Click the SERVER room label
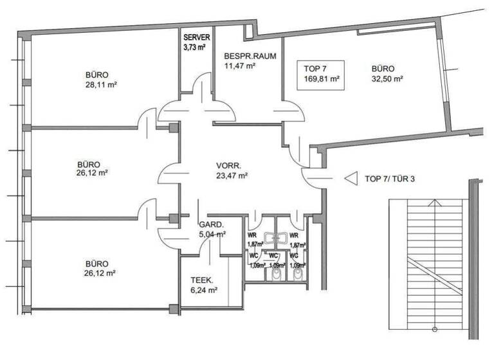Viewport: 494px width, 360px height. (196, 37)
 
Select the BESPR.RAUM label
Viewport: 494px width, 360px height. (250, 56)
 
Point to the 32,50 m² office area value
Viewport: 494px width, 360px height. (387, 78)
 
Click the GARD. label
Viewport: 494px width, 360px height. (210, 225)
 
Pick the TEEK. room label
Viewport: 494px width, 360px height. (202, 280)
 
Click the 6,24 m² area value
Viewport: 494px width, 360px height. (204, 290)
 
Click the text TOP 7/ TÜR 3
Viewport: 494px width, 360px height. (390, 179)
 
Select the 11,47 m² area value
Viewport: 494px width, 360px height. (240, 66)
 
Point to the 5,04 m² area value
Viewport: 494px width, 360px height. (212, 235)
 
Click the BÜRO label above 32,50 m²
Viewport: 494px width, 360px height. (383, 68)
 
